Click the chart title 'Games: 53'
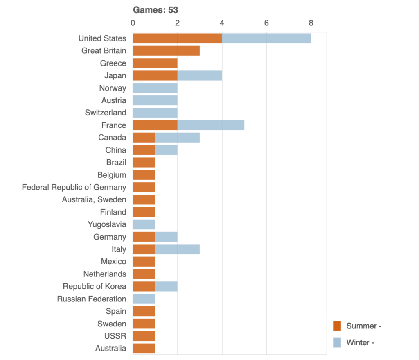155,10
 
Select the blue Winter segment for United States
266,38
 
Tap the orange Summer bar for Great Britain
166,51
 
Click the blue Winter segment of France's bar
211,125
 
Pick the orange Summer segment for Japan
155,76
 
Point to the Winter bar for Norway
155,88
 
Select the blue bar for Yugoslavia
144,224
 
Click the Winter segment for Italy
177,249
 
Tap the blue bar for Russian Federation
144,299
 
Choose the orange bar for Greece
155,63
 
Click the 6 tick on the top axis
266,23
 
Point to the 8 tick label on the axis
311,23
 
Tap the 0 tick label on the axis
133,23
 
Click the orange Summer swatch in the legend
337,326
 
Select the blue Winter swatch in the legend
337,343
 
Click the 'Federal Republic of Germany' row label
74,187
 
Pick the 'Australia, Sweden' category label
94,200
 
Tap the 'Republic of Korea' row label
95,286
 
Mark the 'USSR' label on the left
116,336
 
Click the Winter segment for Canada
177,138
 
